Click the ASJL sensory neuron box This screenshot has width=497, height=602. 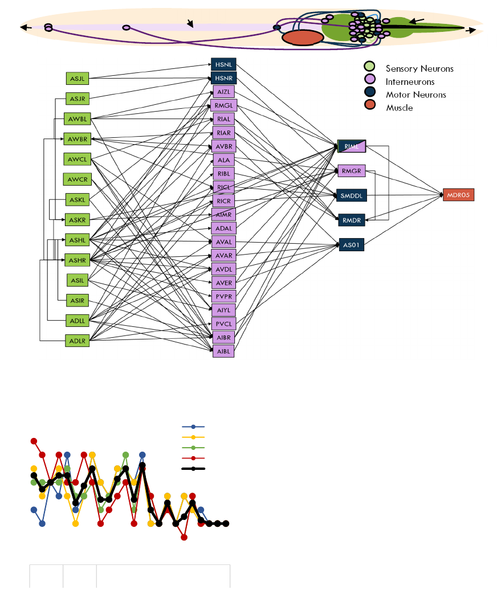78,78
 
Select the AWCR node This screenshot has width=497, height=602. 77,179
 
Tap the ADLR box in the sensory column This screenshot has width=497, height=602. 77,341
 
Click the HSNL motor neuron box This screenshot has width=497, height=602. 223,64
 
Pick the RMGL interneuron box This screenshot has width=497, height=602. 223,105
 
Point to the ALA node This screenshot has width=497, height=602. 223,160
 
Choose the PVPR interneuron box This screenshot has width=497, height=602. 223,296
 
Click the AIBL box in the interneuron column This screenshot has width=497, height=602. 223,351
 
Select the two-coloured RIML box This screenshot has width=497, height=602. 351,146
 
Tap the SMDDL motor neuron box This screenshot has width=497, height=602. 351,195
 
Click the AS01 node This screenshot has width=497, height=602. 351,245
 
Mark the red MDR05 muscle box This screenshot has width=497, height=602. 458,195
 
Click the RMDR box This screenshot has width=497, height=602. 351,219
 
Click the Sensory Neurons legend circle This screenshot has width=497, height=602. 370,68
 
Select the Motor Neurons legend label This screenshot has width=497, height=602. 415,95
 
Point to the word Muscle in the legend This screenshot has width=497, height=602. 399,108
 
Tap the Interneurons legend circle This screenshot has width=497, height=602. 370,81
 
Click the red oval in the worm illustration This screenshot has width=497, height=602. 303,38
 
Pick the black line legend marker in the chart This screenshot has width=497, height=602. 193,469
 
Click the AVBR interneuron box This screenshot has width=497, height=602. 223,146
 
